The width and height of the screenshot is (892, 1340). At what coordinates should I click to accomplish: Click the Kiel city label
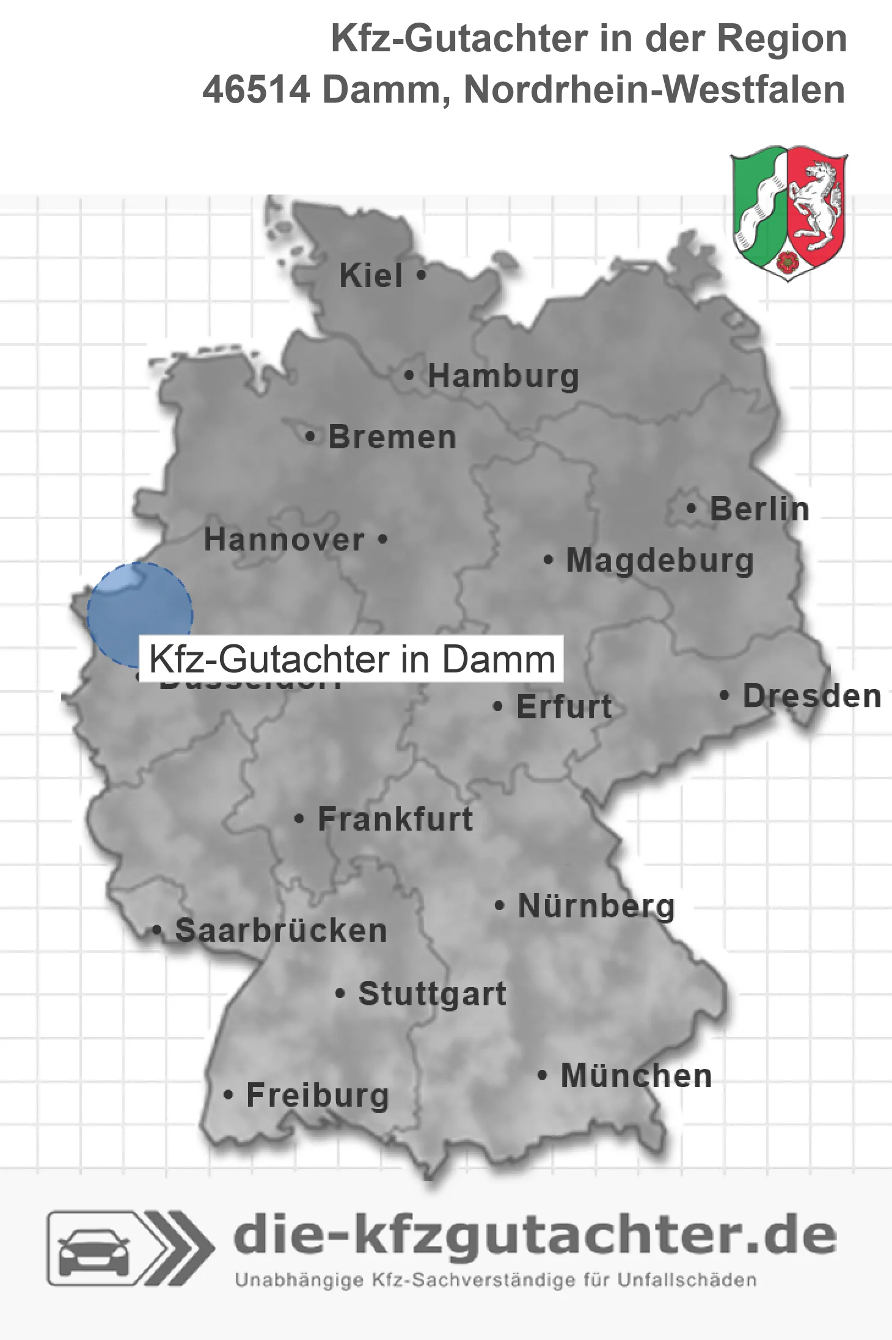tap(370, 275)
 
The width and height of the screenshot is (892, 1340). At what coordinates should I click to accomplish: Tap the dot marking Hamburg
tap(409, 376)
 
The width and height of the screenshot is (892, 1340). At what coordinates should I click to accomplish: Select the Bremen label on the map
tap(392, 437)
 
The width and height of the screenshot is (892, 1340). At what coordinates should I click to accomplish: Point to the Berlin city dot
tap(691, 508)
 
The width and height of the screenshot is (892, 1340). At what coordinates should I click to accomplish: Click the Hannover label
tap(284, 540)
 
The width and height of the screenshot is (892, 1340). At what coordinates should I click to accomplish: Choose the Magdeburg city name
tap(659, 561)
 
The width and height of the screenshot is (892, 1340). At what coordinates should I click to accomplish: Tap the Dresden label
tap(811, 696)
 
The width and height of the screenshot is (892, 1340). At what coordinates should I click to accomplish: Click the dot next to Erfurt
tap(498, 707)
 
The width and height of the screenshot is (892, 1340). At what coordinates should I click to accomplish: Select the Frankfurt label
tap(395, 819)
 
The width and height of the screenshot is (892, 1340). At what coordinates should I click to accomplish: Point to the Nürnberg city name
tap(596, 906)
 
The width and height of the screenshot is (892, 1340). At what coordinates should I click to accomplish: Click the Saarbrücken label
tap(281, 931)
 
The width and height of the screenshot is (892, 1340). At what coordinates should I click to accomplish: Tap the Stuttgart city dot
tap(340, 994)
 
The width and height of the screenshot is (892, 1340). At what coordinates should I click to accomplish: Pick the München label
tap(636, 1076)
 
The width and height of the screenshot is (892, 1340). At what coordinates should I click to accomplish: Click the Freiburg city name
tap(317, 1095)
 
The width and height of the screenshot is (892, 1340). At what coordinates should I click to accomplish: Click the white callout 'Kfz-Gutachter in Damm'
tap(351, 659)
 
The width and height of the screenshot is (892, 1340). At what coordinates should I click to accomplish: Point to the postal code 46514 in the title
tap(256, 90)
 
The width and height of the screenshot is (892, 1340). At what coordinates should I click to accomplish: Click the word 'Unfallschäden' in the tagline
tap(687, 1280)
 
